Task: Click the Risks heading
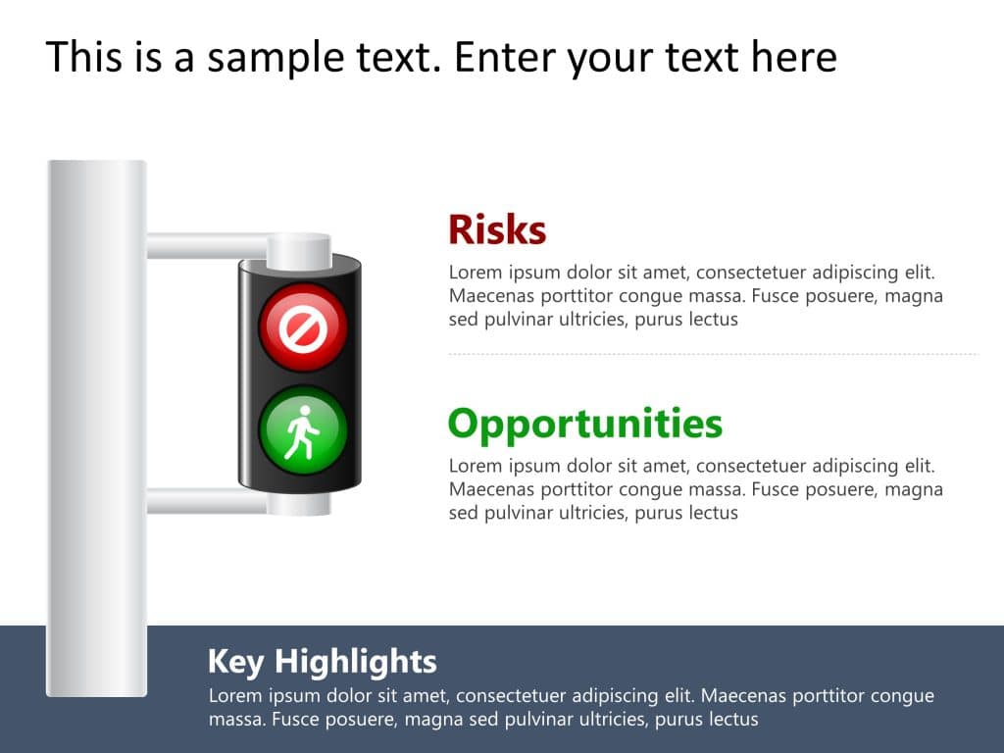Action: click(x=496, y=230)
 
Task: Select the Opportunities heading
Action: click(x=584, y=424)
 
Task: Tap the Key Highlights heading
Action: click(x=322, y=661)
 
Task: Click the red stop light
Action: click(x=302, y=328)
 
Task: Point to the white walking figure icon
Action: click(x=300, y=432)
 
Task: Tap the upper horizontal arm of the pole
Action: click(x=206, y=246)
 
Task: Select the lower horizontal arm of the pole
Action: click(x=206, y=501)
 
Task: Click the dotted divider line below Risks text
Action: click(x=713, y=354)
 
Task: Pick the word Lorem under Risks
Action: click(x=474, y=273)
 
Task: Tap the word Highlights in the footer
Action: click(x=355, y=661)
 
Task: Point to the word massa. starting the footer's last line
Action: click(x=235, y=720)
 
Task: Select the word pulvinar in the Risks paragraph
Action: click(x=520, y=320)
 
